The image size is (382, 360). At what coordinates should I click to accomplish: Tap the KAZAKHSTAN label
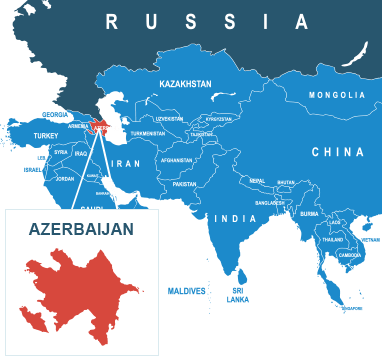pyautogui.click(x=186, y=85)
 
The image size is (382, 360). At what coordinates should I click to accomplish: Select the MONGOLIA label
pyautogui.click(x=337, y=95)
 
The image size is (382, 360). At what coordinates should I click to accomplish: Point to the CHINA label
pyautogui.click(x=337, y=152)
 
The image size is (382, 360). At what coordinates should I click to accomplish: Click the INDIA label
pyautogui.click(x=237, y=218)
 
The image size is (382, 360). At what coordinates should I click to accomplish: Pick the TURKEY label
pyautogui.click(x=47, y=135)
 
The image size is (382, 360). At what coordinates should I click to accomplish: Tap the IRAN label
pyautogui.click(x=126, y=162)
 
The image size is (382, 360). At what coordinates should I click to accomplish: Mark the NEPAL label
pyautogui.click(x=258, y=181)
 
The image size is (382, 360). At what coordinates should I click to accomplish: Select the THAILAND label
pyautogui.click(x=333, y=240)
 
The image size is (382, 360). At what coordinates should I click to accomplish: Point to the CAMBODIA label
pyautogui.click(x=351, y=255)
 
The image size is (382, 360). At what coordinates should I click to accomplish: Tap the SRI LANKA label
pyautogui.click(x=238, y=295)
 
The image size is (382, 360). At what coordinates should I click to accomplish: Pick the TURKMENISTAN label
pyautogui.click(x=147, y=133)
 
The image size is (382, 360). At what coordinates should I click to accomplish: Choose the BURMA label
pyautogui.click(x=309, y=213)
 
